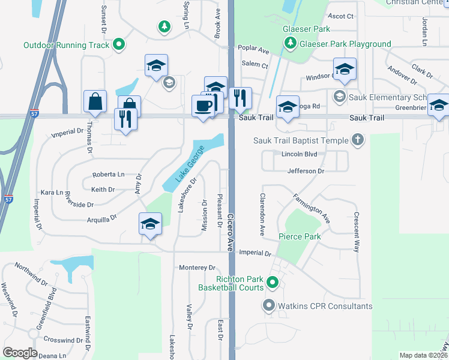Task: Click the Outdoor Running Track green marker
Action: coord(119,44)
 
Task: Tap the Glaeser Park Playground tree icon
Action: coord(290,43)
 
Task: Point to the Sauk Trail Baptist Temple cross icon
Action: coord(358,140)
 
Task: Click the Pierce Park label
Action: coord(300,236)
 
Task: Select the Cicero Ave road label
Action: coord(231,231)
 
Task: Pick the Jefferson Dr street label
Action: coord(306,171)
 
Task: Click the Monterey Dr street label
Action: coord(197,267)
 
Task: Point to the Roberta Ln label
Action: coord(108,175)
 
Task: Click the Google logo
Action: coord(20,353)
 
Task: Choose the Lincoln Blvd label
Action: coord(299,155)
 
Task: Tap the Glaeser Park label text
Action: coord(309,29)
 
